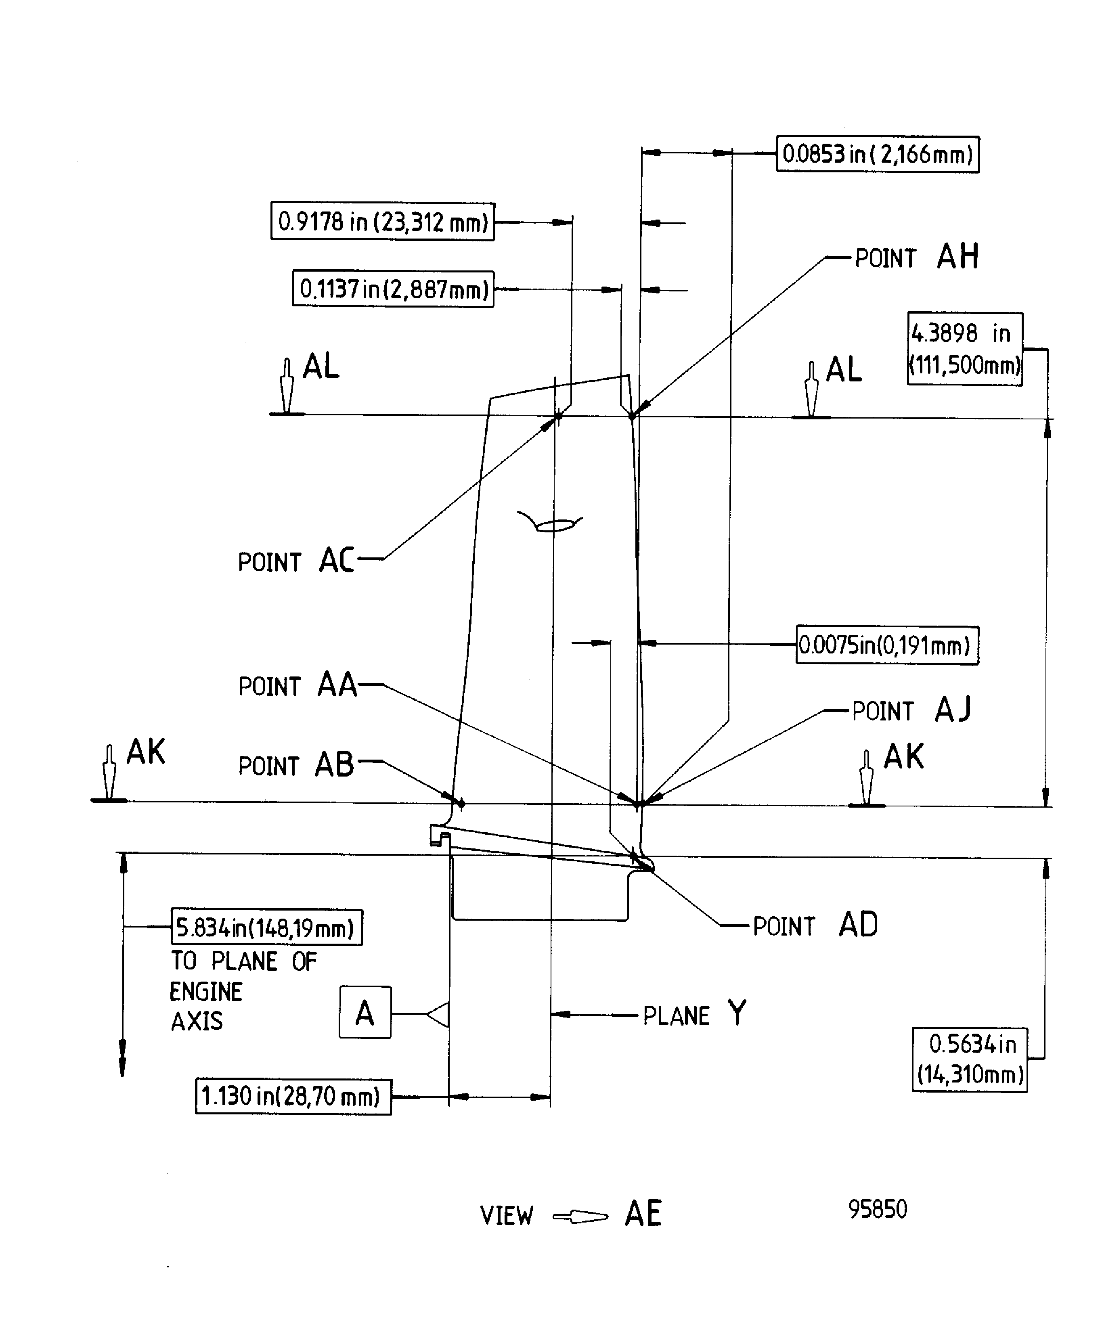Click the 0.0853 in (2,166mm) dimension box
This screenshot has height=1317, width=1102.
point(878,154)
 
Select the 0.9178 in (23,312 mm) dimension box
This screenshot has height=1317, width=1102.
point(382,221)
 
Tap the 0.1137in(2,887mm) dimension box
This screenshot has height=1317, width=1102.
point(393,289)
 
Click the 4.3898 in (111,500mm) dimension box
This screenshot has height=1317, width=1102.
point(965,349)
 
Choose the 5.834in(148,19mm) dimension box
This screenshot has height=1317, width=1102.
point(266,927)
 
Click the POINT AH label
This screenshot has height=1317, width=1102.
point(916,257)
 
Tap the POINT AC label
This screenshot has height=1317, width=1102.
point(295,561)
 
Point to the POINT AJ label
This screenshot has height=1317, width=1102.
point(911,710)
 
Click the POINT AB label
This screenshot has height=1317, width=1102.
point(295,765)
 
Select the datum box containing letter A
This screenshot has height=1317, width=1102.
point(365,1013)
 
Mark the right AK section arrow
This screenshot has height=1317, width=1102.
point(866,778)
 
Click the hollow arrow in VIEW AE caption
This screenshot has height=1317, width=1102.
point(580,1216)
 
